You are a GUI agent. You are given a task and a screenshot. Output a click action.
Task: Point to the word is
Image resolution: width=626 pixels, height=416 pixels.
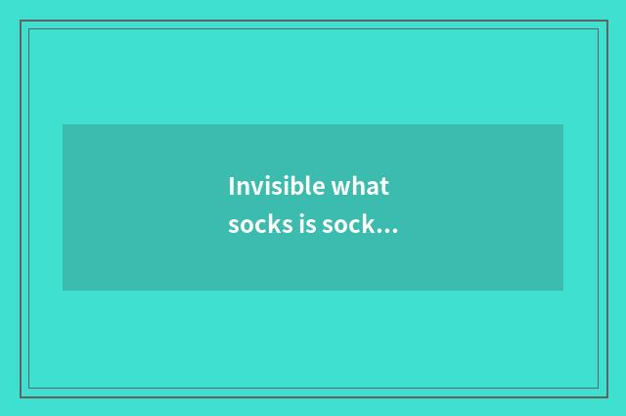(x=308, y=225)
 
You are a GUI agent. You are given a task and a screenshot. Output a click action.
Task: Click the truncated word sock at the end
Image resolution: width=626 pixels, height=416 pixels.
(x=350, y=225)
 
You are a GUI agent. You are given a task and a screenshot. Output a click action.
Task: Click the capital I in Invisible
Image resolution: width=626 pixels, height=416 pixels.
(x=232, y=185)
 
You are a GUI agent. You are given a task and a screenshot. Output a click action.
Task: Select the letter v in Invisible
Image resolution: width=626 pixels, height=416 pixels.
(x=255, y=187)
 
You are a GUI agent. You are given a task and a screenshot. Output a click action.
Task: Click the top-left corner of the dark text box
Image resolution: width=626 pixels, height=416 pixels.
(x=64, y=125)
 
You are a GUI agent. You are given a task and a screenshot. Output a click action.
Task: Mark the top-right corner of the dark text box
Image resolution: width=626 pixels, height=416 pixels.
(x=562, y=125)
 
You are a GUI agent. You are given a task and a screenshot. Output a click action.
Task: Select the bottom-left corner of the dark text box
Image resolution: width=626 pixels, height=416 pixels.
(x=64, y=290)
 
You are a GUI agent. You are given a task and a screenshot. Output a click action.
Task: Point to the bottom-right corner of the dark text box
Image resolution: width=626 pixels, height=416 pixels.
(x=562, y=290)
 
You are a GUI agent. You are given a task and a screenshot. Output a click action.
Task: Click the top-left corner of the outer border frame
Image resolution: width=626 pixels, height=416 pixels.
(x=21, y=21)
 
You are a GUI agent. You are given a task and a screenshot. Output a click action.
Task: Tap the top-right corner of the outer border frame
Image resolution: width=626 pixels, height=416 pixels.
(x=606, y=21)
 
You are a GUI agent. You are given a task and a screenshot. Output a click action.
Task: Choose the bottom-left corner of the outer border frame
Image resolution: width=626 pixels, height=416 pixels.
(x=21, y=396)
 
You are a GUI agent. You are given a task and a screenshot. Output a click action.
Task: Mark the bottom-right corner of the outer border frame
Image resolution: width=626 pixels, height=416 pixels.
(x=606, y=396)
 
